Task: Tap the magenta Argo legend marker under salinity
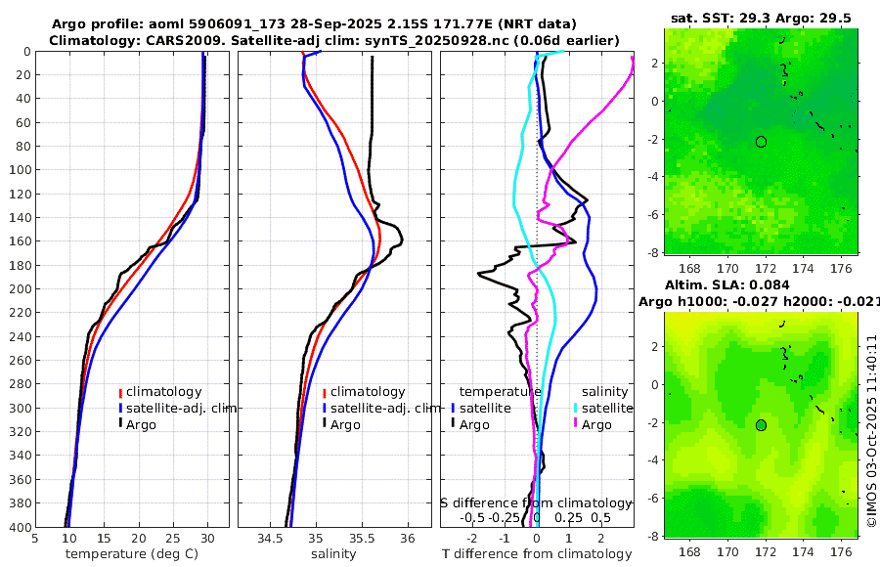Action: tap(577, 424)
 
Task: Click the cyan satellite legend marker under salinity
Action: tap(577, 408)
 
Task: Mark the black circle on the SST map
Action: tap(761, 142)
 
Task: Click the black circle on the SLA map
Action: tap(761, 425)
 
